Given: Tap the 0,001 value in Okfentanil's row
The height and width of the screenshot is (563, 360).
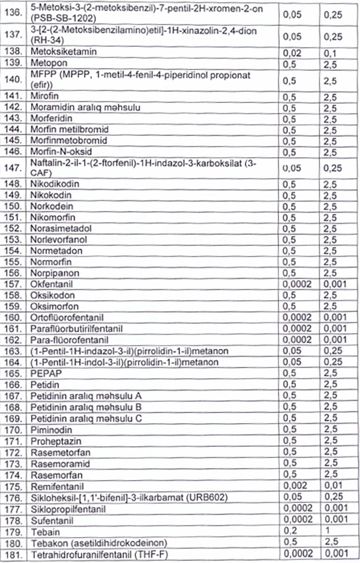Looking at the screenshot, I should click(335, 284).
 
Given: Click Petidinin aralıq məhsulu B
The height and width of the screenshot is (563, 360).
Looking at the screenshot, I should click(87, 406).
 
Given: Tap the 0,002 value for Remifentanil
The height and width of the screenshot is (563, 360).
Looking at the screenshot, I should click(293, 485).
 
